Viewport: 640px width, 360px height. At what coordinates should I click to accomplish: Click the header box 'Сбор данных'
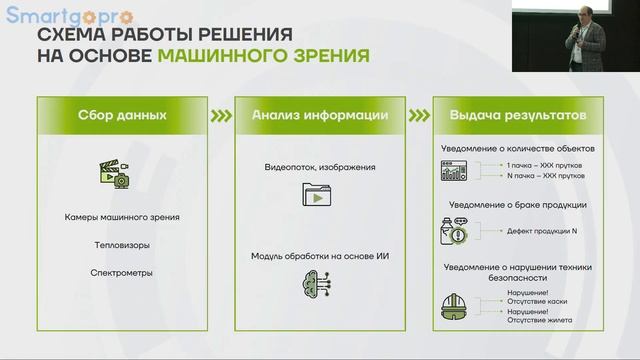click(x=121, y=115)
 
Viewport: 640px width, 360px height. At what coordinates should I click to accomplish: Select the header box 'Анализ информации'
click(x=320, y=115)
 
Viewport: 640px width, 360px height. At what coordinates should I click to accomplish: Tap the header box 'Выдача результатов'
click(x=518, y=115)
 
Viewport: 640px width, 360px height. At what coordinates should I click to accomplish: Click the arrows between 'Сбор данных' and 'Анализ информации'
click(x=220, y=115)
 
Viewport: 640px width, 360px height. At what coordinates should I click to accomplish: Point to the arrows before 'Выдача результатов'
click(x=418, y=115)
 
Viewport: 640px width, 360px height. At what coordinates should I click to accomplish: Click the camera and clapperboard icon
click(x=114, y=176)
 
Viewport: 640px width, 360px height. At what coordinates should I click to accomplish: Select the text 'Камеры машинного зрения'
click(x=121, y=217)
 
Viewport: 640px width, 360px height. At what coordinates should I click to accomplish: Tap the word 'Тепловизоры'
click(x=121, y=243)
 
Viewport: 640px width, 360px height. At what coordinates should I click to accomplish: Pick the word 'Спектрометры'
click(x=121, y=271)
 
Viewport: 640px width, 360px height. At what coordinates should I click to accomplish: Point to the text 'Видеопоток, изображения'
click(x=320, y=167)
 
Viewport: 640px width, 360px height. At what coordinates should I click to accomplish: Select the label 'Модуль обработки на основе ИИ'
click(x=320, y=257)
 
